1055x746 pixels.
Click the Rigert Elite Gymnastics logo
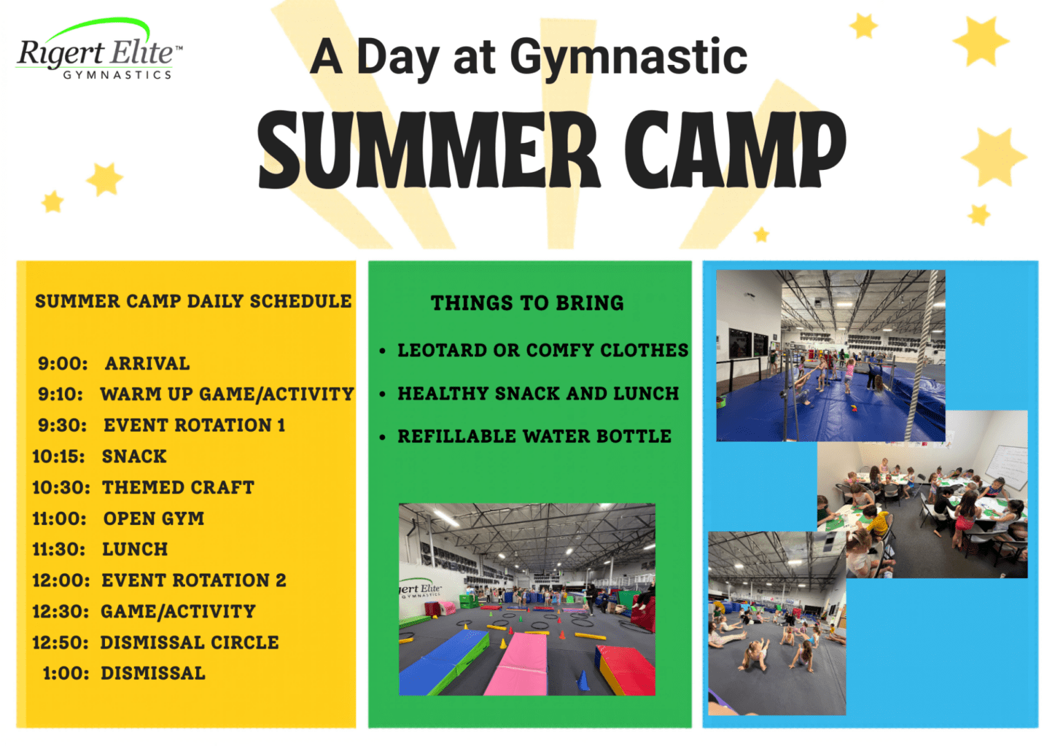click(x=99, y=50)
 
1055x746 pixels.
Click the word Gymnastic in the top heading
click(x=629, y=59)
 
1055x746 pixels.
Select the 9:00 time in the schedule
click(x=63, y=364)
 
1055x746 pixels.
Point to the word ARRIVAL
click(x=148, y=364)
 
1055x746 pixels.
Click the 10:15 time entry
click(x=59, y=457)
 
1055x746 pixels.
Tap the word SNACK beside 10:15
click(x=134, y=457)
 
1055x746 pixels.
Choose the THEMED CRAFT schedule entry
click(x=178, y=488)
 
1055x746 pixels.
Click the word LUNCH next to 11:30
click(x=135, y=550)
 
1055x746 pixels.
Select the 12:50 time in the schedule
click(x=60, y=643)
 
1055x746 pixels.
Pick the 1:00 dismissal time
click(x=66, y=674)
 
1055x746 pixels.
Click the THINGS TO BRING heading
click(x=527, y=303)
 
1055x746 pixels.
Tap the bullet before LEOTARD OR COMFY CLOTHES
click(x=383, y=351)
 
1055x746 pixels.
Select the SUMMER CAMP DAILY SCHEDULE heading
click(x=193, y=302)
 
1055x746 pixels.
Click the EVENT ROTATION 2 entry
click(x=194, y=581)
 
